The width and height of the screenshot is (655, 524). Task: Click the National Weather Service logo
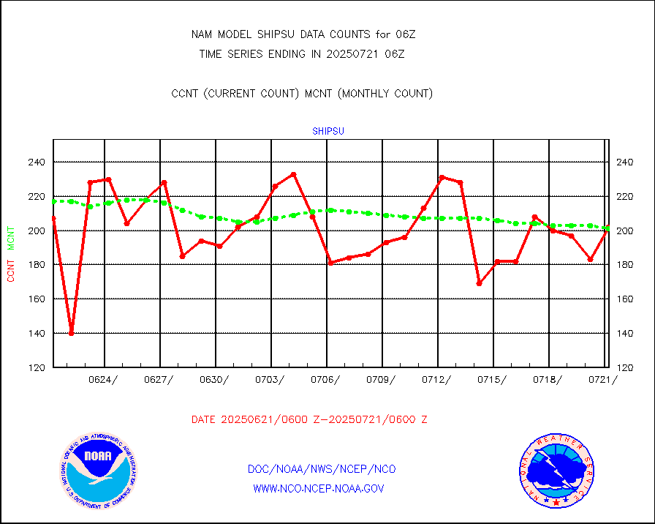(556, 470)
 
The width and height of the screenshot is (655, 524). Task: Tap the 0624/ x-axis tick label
(102, 379)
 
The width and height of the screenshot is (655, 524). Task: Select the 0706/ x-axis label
(325, 379)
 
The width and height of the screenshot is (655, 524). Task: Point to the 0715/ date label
(492, 379)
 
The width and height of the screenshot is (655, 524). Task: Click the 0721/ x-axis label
(603, 379)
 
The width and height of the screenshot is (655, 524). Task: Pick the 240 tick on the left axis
(37, 162)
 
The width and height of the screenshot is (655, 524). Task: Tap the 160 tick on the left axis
(37, 299)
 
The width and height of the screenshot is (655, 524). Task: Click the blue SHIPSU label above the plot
(328, 132)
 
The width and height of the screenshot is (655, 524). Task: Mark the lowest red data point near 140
(72, 333)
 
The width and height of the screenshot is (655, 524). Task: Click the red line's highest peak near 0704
(293, 174)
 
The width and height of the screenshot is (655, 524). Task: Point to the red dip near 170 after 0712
(479, 283)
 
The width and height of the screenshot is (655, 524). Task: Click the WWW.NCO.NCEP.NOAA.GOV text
(318, 488)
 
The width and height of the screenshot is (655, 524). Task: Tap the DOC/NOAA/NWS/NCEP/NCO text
(322, 469)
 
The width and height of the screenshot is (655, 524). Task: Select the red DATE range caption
(309, 420)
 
